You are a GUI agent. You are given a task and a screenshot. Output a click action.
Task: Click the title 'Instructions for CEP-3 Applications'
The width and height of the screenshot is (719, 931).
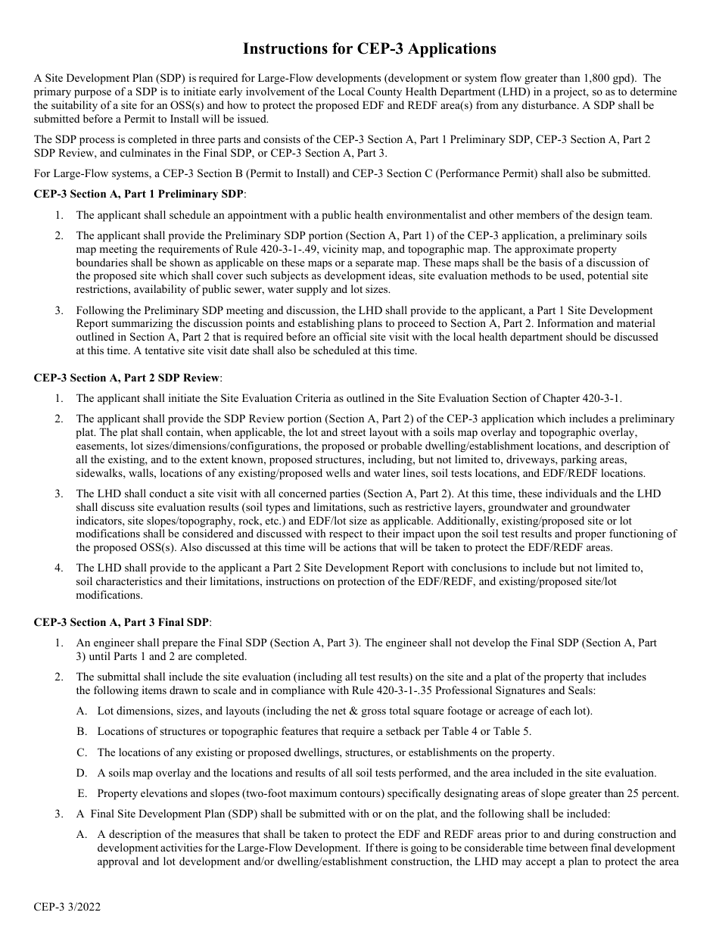(x=369, y=49)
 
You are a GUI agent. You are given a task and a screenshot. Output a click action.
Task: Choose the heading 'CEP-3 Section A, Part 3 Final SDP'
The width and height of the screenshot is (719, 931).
(x=122, y=622)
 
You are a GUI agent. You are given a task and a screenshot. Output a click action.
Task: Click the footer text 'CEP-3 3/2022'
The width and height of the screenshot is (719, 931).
(x=67, y=905)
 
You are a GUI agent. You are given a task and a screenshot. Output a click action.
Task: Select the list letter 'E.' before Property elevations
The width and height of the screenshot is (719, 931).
(x=82, y=793)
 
